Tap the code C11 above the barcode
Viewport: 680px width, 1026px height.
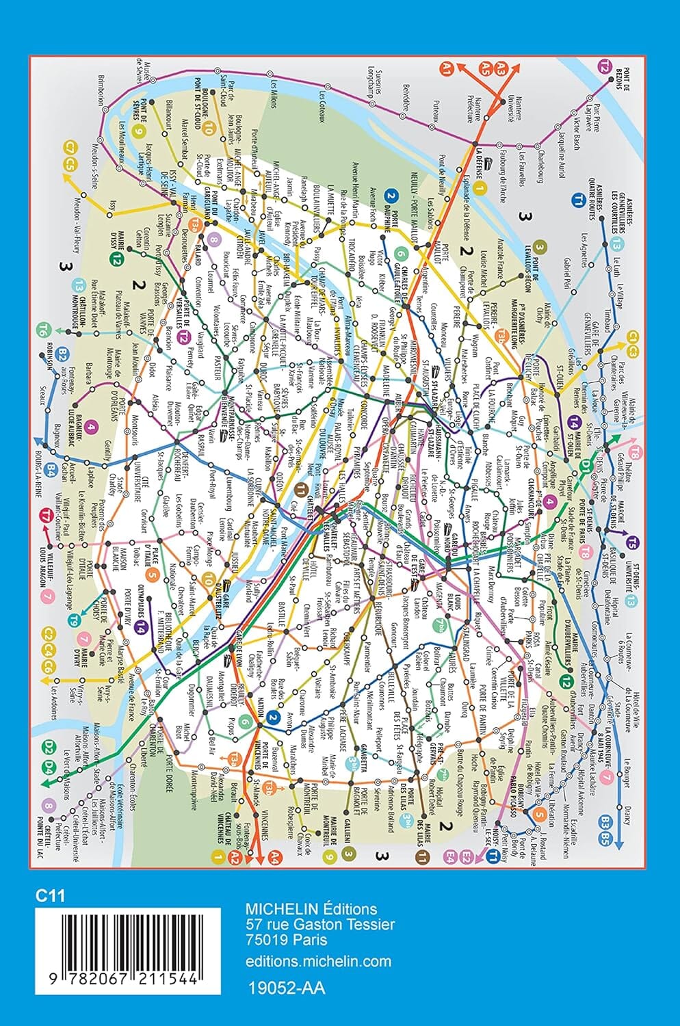coord(51,895)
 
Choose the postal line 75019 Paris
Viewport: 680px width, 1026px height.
coord(288,940)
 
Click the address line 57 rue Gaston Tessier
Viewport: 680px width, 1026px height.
coord(320,925)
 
